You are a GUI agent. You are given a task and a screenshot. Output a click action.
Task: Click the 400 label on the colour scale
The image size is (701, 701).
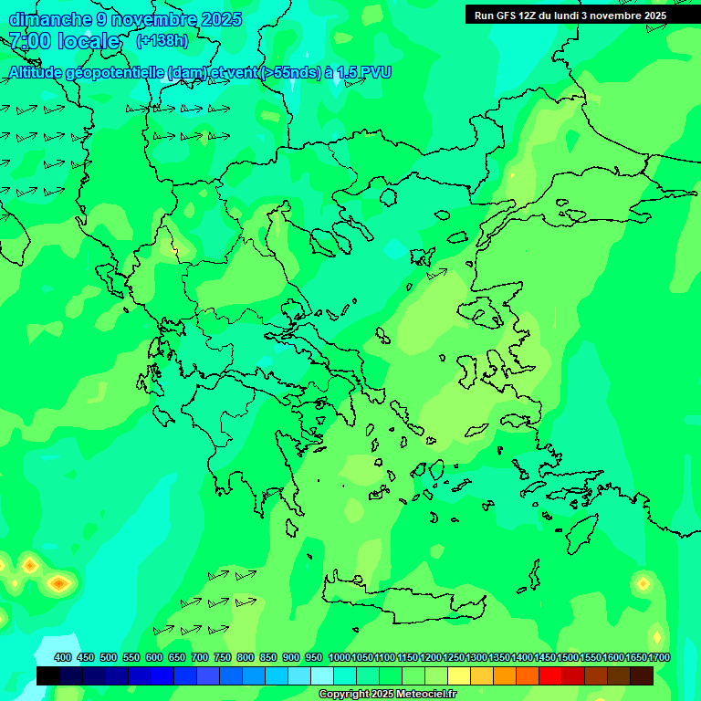[63, 657]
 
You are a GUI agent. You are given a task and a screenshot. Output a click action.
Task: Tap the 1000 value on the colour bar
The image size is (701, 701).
[340, 657]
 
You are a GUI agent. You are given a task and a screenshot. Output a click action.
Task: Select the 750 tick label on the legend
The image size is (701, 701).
[222, 657]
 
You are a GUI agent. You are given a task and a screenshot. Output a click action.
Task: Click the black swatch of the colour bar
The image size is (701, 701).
[48, 675]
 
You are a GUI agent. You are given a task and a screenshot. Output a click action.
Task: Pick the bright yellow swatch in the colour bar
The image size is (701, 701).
[459, 675]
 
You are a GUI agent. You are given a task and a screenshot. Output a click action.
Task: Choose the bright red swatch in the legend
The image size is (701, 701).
[550, 675]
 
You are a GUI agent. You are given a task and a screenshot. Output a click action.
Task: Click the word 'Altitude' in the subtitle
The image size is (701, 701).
[37, 72]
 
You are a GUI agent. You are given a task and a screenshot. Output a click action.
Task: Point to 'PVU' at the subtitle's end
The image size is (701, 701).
[375, 72]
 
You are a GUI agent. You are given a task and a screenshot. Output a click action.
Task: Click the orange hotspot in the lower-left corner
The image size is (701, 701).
[59, 582]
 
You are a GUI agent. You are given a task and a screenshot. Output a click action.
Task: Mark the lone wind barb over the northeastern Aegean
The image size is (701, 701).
[437, 273]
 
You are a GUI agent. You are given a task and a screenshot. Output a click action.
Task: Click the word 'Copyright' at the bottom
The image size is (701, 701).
[345, 695]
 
